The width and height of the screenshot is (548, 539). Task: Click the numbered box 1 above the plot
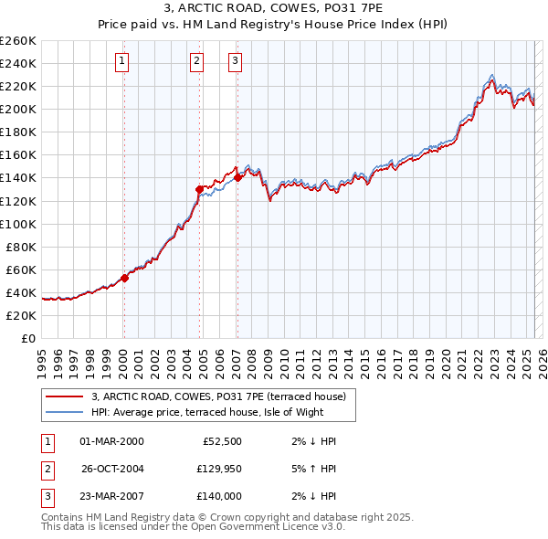click(x=122, y=61)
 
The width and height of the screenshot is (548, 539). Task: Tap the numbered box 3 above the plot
click(x=235, y=61)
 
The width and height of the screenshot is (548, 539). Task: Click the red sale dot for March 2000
click(x=124, y=279)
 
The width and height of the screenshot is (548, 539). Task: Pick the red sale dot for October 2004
click(x=199, y=189)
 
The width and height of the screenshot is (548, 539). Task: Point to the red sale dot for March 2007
click(x=237, y=178)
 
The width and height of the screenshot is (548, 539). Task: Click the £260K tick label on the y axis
click(x=18, y=41)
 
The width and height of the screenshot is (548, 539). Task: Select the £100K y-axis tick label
click(x=18, y=224)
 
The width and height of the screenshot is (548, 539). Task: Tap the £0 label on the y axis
click(x=28, y=338)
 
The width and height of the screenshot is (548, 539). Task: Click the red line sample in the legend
click(x=64, y=397)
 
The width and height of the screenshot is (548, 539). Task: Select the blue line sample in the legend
click(x=64, y=412)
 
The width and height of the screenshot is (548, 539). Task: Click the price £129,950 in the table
click(x=218, y=469)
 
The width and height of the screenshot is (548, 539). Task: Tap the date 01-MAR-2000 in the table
click(x=111, y=441)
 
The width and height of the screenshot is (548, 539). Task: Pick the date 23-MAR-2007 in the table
click(x=111, y=496)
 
